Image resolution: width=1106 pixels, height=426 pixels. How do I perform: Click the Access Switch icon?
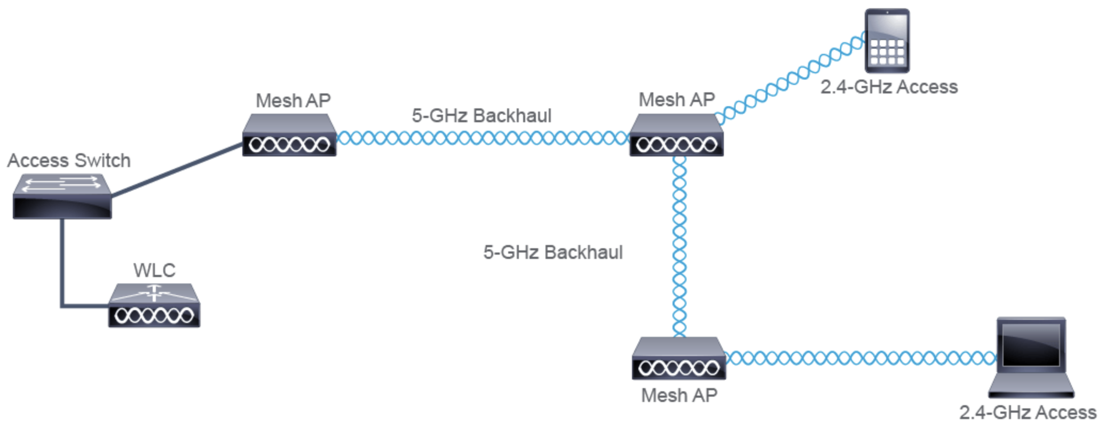pyautogui.click(x=62, y=197)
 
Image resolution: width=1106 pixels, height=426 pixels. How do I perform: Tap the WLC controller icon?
pyautogui.click(x=154, y=305)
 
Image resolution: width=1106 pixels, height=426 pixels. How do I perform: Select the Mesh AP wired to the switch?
pyautogui.click(x=289, y=136)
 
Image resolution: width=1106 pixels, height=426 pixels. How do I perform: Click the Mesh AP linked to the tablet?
pyautogui.click(x=676, y=136)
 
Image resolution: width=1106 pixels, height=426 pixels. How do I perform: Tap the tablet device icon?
pyautogui.click(x=887, y=41)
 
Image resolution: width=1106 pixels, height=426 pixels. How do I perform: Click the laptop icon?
pyautogui.click(x=1031, y=358)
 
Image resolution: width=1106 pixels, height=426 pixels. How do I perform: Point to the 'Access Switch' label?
pyautogui.click(x=69, y=161)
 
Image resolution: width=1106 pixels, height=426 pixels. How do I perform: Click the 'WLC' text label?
pyautogui.click(x=154, y=270)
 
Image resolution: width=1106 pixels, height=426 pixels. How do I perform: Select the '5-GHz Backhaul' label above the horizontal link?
pyautogui.click(x=481, y=116)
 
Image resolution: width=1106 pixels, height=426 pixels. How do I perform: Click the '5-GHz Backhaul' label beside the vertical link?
pyautogui.click(x=553, y=253)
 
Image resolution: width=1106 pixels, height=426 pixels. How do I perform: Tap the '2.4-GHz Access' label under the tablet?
pyautogui.click(x=889, y=87)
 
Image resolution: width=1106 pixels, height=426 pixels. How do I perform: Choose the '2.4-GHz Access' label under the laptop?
pyautogui.click(x=1028, y=413)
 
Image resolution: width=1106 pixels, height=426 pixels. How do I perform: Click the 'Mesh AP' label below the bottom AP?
pyautogui.click(x=679, y=396)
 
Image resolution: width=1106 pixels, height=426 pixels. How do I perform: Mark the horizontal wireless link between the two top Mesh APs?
pyautogui.click(x=483, y=139)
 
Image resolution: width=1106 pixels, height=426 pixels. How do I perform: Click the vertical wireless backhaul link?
pyautogui.click(x=679, y=246)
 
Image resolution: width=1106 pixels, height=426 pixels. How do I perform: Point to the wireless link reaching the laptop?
pyautogui.click(x=859, y=358)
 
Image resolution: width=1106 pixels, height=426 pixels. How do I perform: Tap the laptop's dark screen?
pyautogui.click(x=1031, y=344)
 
